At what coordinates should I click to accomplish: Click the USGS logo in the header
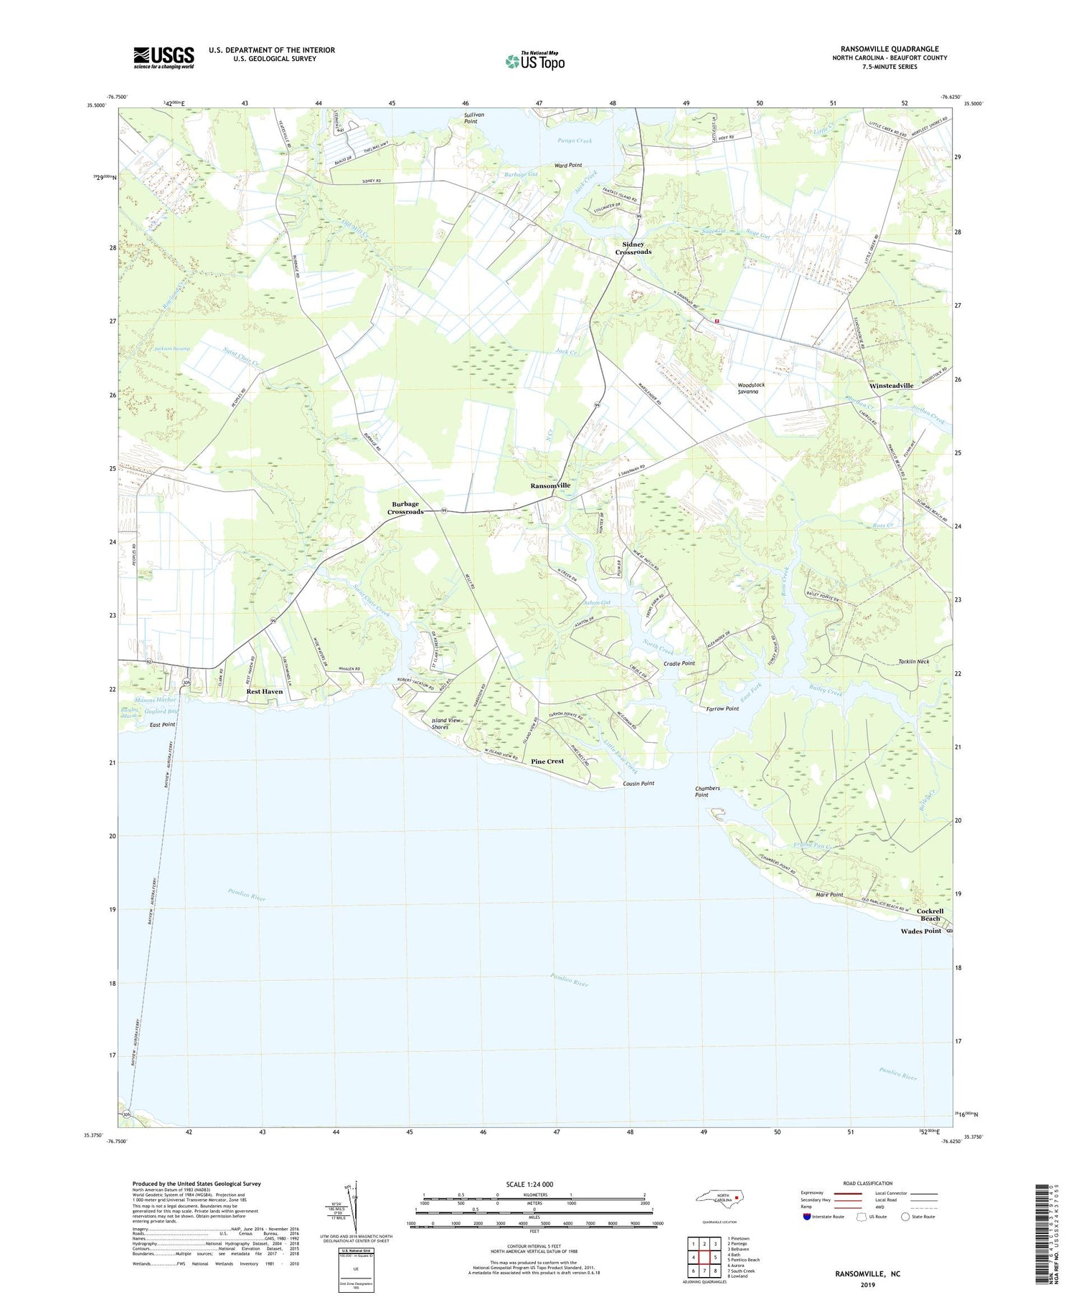point(164,57)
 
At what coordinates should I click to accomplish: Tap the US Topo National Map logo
point(535,62)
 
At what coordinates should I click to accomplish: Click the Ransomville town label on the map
point(550,485)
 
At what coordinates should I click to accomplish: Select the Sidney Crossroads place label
point(633,248)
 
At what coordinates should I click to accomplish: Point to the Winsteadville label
point(891,386)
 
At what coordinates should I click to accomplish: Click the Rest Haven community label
point(264,691)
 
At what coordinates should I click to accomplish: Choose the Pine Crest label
point(547,761)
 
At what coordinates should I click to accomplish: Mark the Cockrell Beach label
point(930,914)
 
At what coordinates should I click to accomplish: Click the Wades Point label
point(921,931)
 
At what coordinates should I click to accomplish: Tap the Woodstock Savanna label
point(751,388)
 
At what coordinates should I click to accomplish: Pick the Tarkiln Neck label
point(913,661)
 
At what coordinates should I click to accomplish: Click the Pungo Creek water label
point(575,141)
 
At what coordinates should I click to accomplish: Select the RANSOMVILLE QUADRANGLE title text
point(889,49)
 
